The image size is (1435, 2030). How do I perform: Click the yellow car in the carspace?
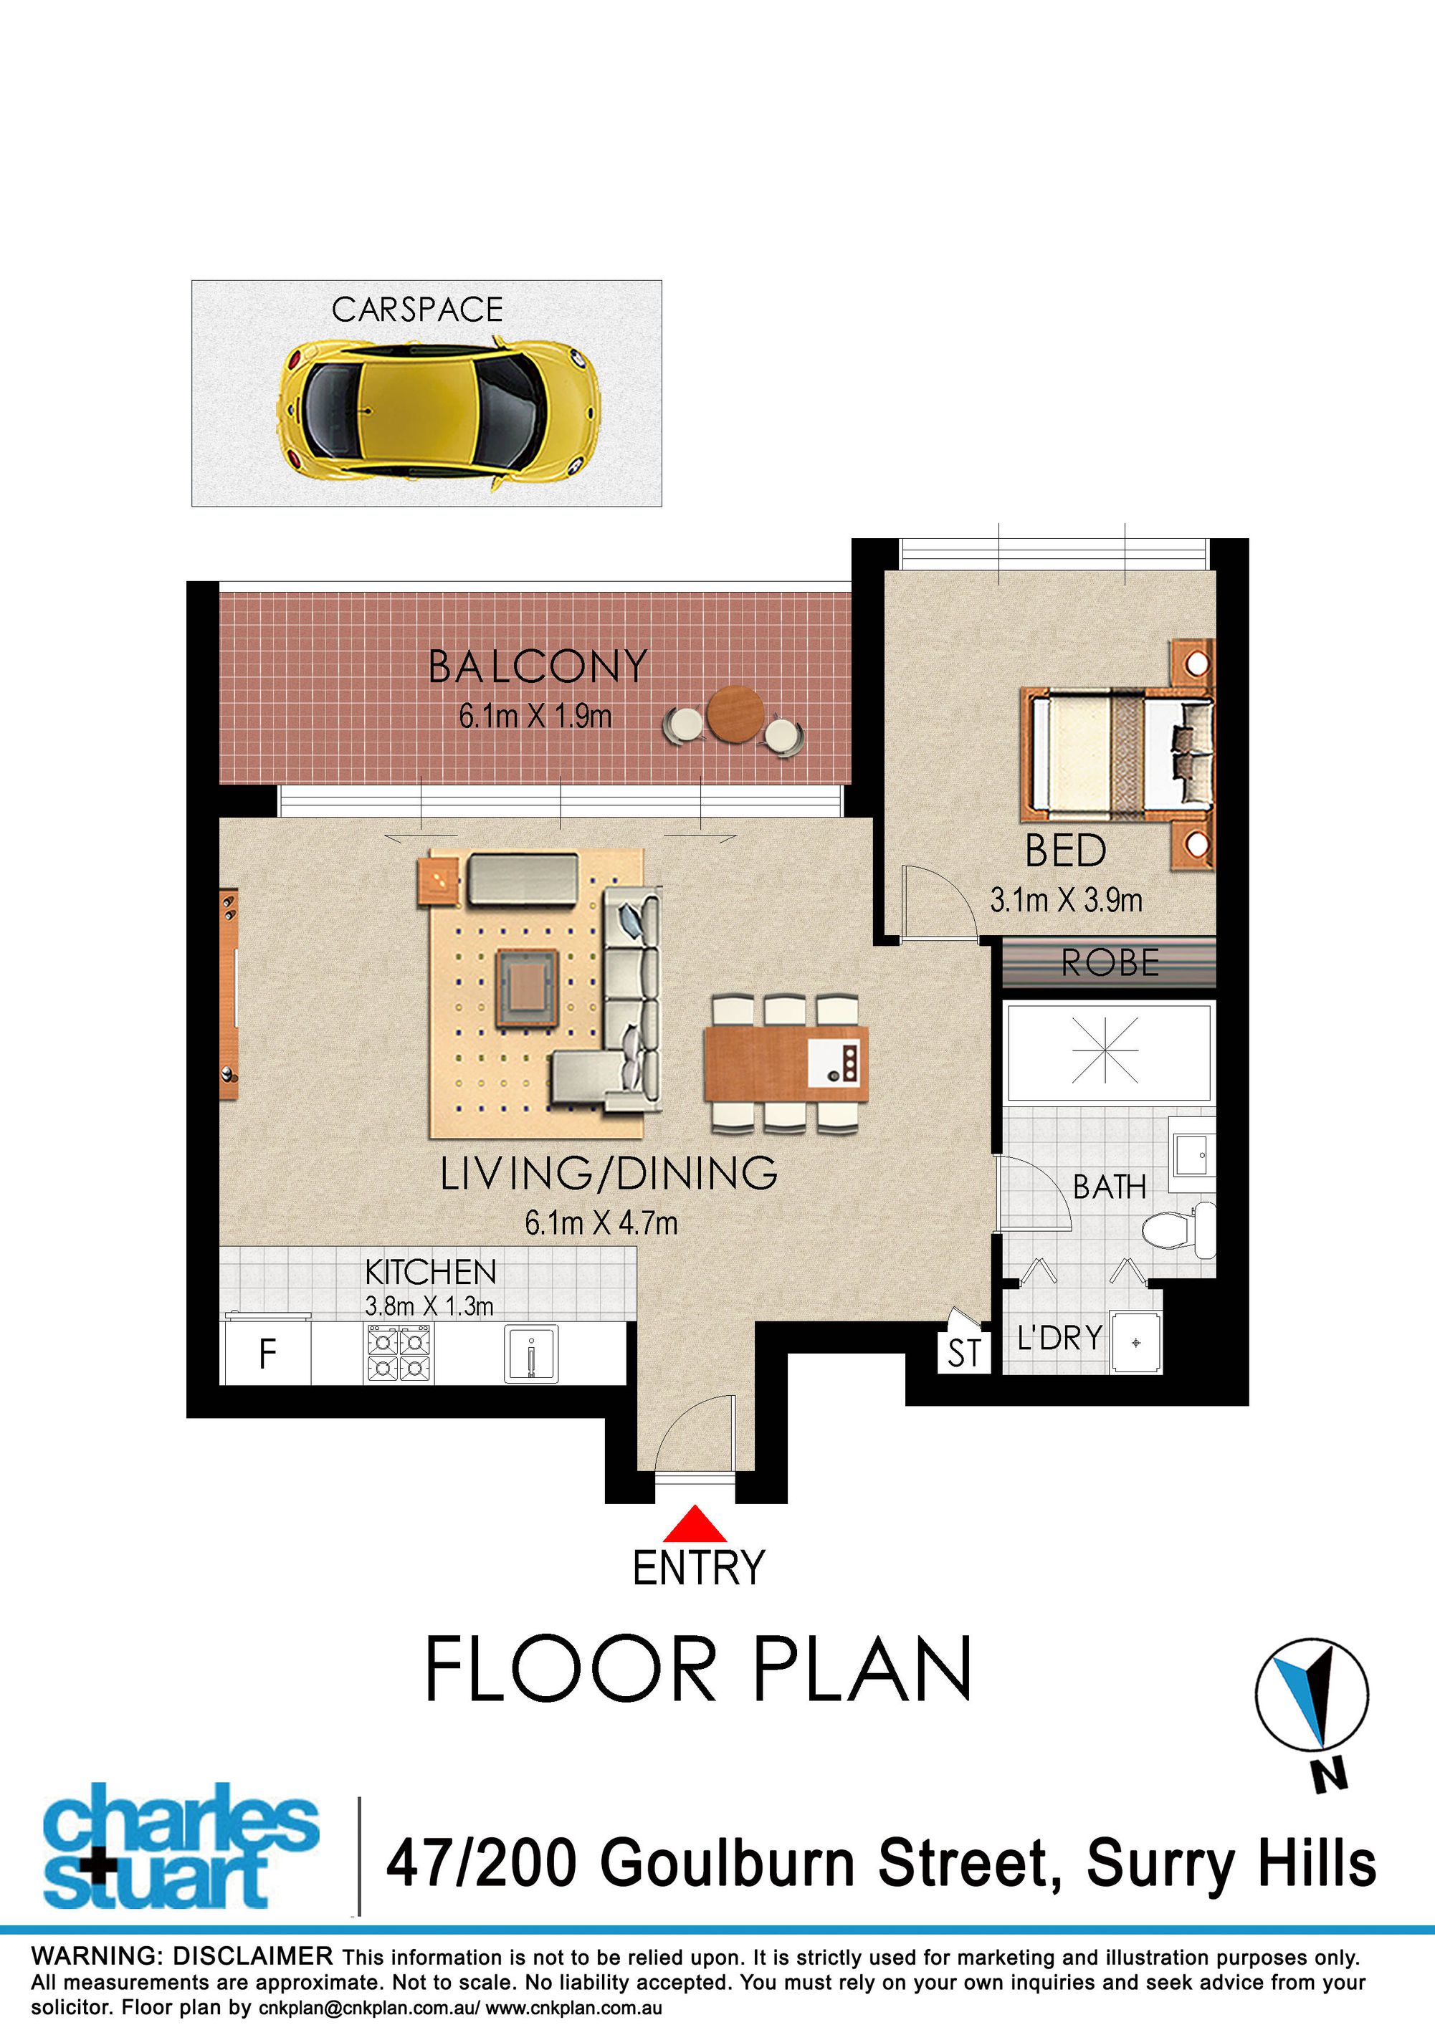[x=439, y=412]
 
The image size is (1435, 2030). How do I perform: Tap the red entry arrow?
[x=695, y=1523]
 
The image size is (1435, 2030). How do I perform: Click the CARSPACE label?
[x=417, y=310]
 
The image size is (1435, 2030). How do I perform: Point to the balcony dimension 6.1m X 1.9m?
[x=535, y=715]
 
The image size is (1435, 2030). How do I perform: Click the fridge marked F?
[x=266, y=1354]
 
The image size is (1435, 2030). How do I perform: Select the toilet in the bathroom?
[x=1180, y=1229]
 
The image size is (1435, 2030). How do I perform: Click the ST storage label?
[x=964, y=1354]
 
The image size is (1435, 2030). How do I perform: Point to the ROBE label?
[x=1110, y=963]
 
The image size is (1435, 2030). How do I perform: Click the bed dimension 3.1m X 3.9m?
[x=1067, y=900]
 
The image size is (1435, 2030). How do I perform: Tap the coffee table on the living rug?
[x=527, y=987]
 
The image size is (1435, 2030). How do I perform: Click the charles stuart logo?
[x=181, y=1844]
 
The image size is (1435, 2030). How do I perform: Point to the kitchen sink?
[x=530, y=1354]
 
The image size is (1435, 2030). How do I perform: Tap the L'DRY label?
[x=1059, y=1338]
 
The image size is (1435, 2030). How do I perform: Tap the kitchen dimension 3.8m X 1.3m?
[x=429, y=1306]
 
